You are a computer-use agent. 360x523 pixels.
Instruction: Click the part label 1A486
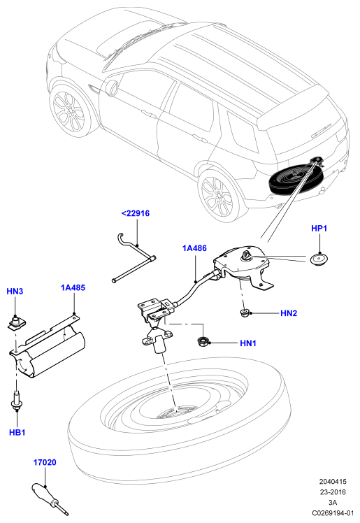[x=194, y=248]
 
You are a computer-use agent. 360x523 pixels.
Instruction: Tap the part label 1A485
[x=73, y=287]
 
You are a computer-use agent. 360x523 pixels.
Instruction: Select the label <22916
[x=136, y=213]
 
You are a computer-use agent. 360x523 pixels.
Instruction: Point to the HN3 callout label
[x=15, y=292]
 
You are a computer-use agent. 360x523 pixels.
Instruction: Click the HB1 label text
[x=17, y=433]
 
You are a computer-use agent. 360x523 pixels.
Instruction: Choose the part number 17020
[x=45, y=463]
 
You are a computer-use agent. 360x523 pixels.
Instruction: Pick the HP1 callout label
[x=319, y=229]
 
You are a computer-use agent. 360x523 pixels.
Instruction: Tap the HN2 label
[x=289, y=313]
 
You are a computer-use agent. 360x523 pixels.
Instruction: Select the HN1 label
[x=248, y=343]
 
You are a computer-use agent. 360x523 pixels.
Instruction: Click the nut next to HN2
[x=245, y=313]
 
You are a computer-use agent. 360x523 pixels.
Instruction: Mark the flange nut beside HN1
[x=203, y=341]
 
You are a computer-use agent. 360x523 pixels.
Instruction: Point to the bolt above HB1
[x=16, y=401]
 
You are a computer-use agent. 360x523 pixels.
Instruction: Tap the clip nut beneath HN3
[x=17, y=324]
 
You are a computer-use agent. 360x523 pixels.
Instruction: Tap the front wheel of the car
[x=70, y=112]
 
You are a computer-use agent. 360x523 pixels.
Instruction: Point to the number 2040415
[x=333, y=482]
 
